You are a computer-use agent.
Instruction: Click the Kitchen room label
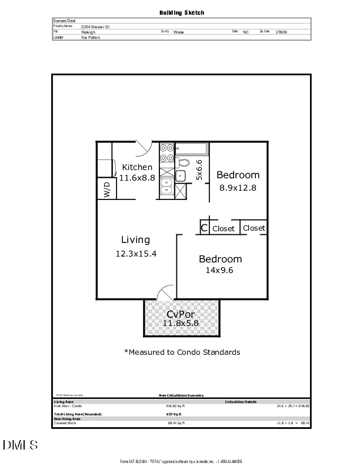[x=137, y=167]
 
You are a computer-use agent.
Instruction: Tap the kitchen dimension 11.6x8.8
[x=137, y=178]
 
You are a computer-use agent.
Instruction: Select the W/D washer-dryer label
[x=107, y=189]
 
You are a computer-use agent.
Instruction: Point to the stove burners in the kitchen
[x=166, y=153]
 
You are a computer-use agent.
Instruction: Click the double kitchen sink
[x=166, y=186]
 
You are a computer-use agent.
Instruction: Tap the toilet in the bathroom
[x=184, y=162]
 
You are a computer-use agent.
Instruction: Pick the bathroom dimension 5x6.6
[x=199, y=169]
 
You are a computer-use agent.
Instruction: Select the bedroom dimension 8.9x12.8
[x=238, y=188]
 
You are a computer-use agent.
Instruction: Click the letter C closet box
[x=204, y=228]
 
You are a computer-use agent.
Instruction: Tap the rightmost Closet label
[x=254, y=228]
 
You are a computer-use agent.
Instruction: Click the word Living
[x=135, y=239]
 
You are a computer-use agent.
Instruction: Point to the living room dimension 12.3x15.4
[x=136, y=254]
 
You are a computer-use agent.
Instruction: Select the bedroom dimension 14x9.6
[x=219, y=271]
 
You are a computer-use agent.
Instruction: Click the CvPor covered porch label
[x=181, y=314]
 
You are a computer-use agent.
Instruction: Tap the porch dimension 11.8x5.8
[x=181, y=324]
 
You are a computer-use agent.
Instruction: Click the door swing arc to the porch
[x=166, y=291]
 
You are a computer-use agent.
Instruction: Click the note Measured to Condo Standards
[x=182, y=352]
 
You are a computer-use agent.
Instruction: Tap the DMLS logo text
[x=22, y=445]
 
